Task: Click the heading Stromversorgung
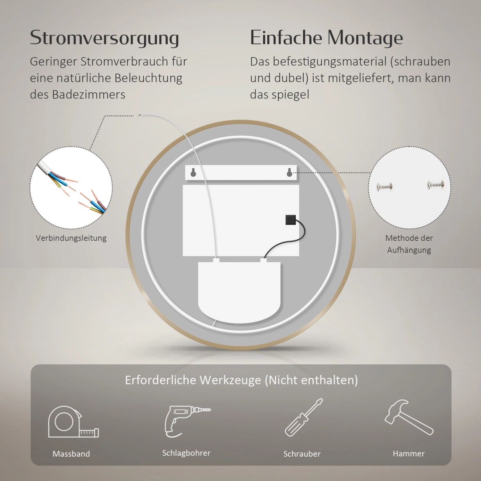coord(104,38)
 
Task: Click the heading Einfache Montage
coord(326,38)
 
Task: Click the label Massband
coord(71,454)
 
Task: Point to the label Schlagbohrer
coord(186,453)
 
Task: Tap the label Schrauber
coord(302,454)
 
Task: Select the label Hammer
coord(409,453)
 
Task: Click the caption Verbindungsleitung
coord(71,238)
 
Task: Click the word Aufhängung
coord(409,250)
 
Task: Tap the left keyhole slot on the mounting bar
coord(193,173)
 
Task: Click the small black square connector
coord(291,220)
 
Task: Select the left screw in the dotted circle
coord(385,186)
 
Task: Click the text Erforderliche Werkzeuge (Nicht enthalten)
coord(241,380)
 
